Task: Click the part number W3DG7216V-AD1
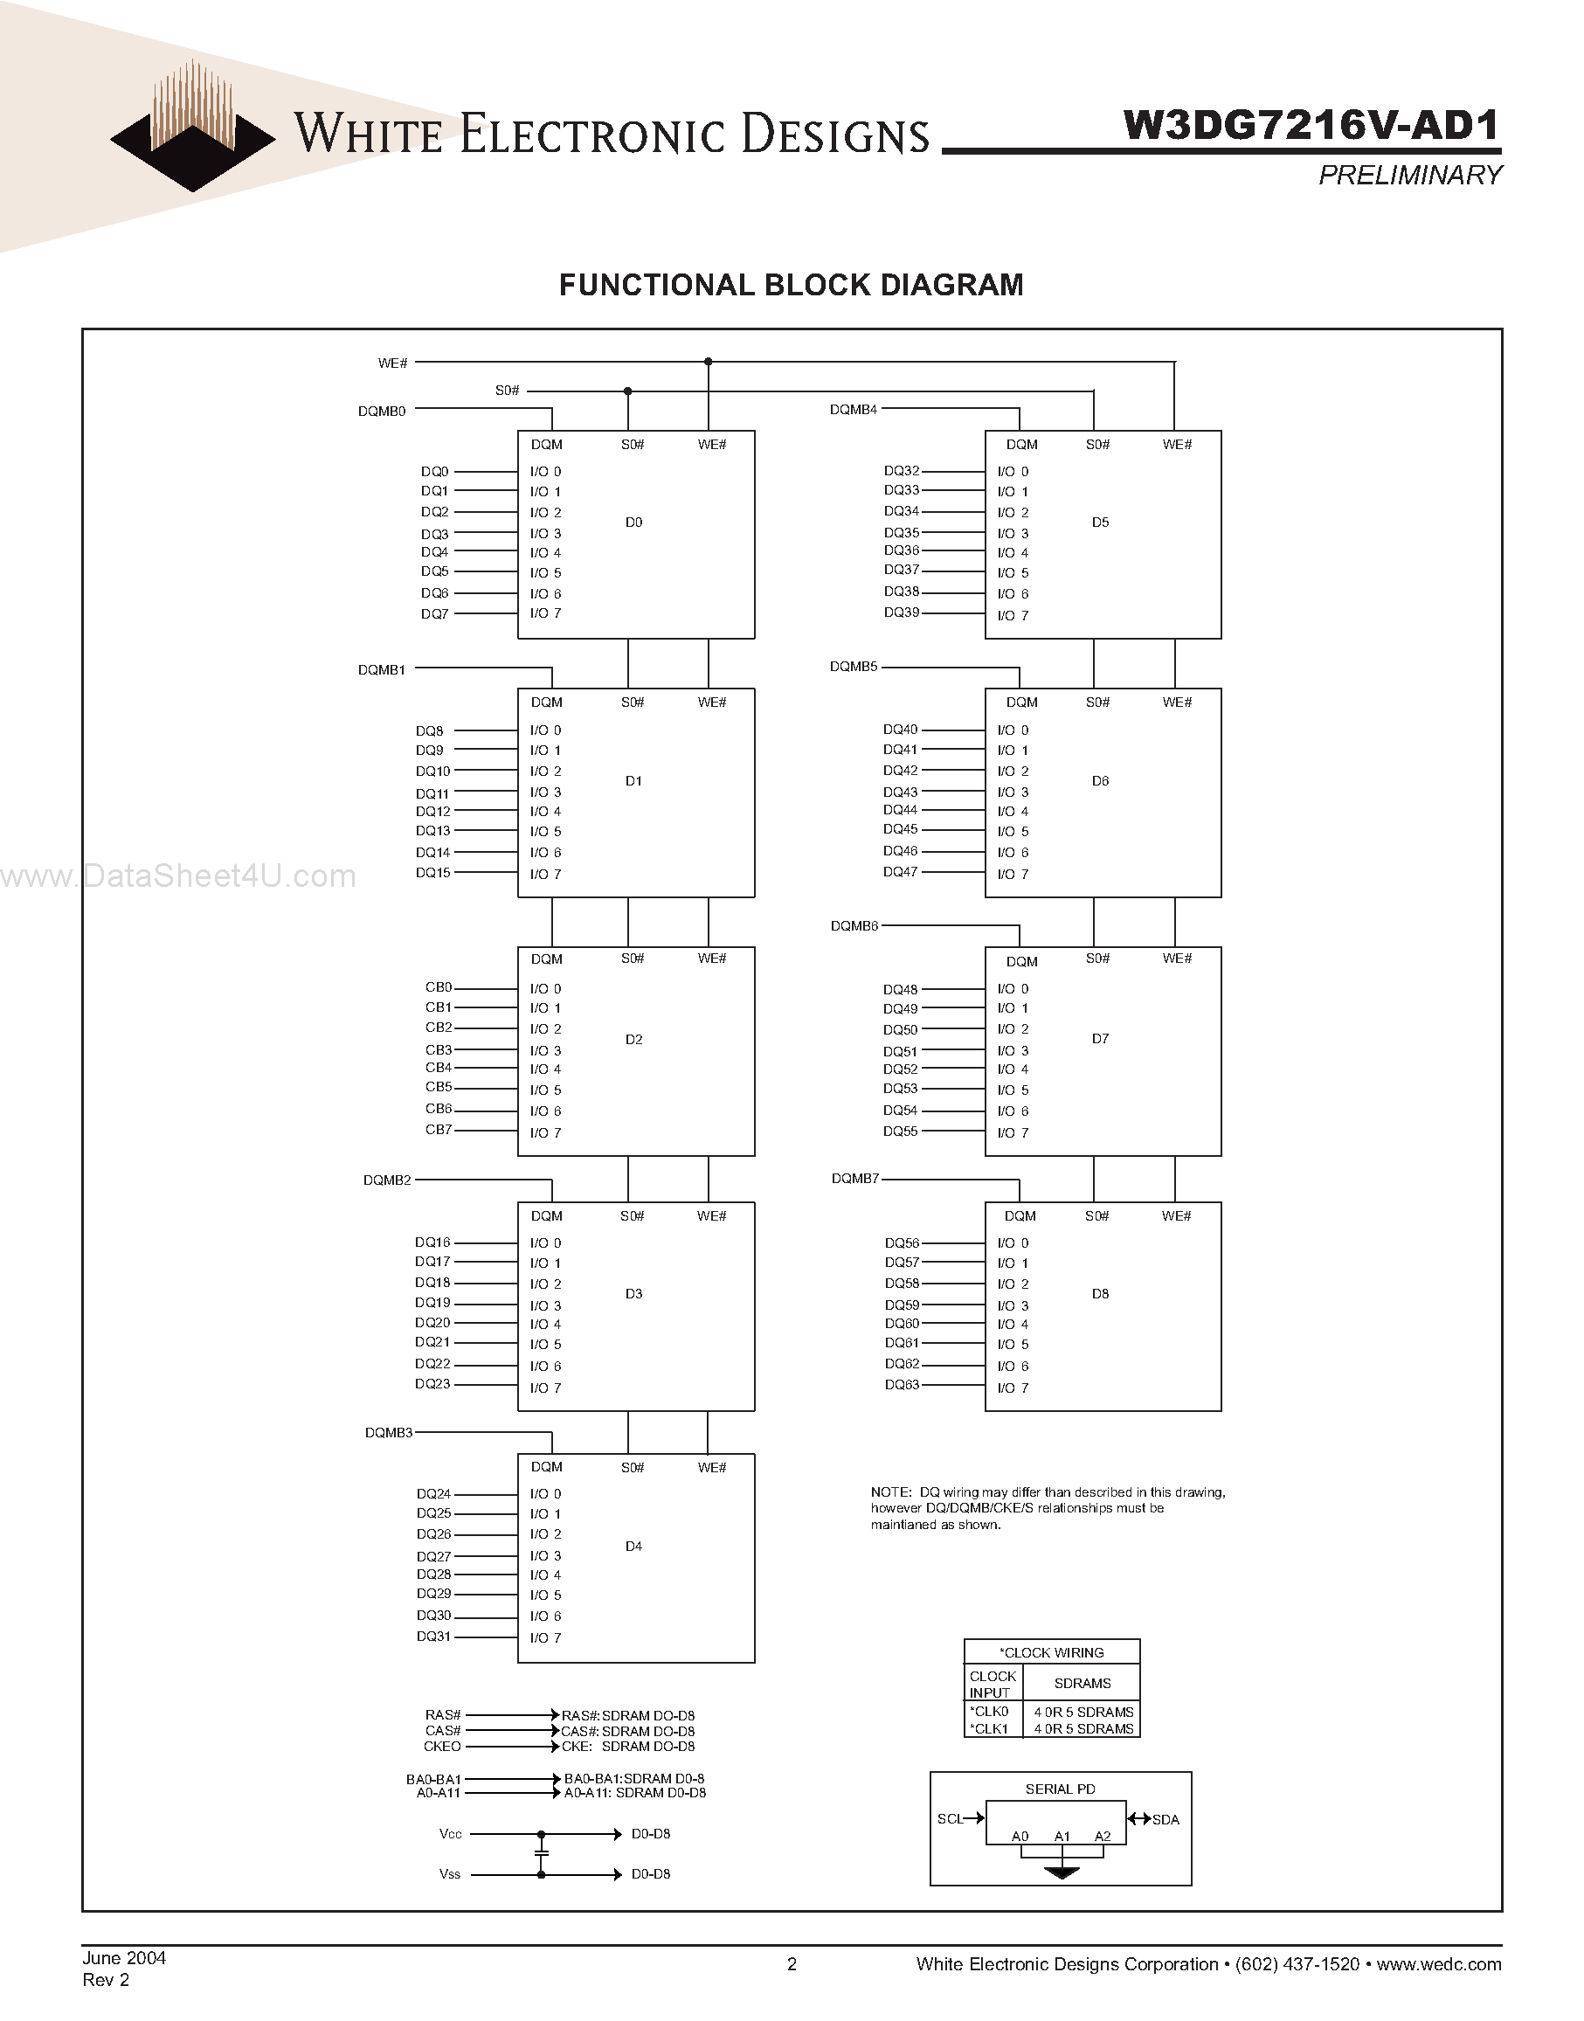[1311, 125]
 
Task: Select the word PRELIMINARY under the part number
[1408, 176]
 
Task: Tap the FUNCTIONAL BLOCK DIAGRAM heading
[791, 285]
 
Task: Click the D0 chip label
[633, 523]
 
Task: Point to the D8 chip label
[1100, 1293]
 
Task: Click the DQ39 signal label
[902, 613]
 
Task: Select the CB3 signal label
[439, 1050]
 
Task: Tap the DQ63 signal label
[902, 1385]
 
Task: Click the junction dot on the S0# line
[628, 391]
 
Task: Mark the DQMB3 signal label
[389, 1433]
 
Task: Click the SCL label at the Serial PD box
[950, 1819]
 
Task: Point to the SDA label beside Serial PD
[1166, 1820]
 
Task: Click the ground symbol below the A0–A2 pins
[1062, 1872]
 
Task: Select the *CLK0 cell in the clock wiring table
[990, 1711]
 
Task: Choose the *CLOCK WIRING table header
[1052, 1653]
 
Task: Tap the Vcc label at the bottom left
[451, 1834]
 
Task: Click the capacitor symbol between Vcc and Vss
[542, 1853]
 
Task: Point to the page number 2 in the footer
[791, 1963]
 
